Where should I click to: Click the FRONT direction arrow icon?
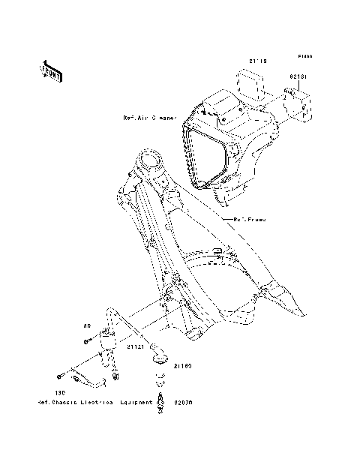click(x=51, y=71)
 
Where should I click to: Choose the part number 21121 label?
click(x=135, y=348)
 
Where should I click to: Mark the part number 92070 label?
click(x=184, y=401)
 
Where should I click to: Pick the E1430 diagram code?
click(x=304, y=56)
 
